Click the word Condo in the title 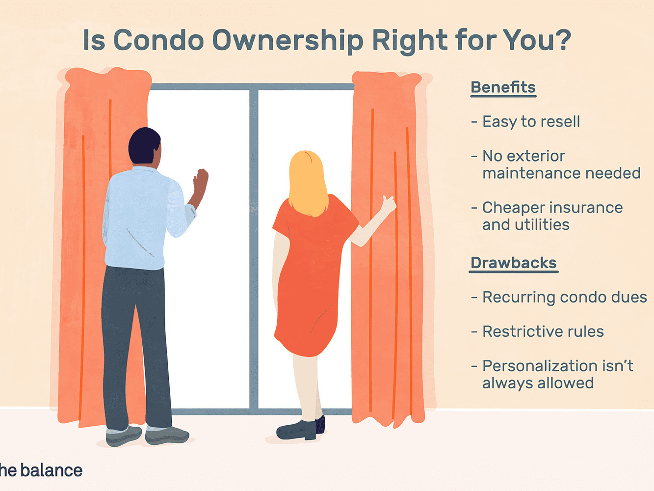158,40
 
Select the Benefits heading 503,88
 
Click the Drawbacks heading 514,263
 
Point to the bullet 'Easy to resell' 525,122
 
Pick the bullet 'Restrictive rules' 538,331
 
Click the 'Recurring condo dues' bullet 559,298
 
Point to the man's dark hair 144,145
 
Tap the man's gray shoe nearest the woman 167,436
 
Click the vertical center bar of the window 254,249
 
